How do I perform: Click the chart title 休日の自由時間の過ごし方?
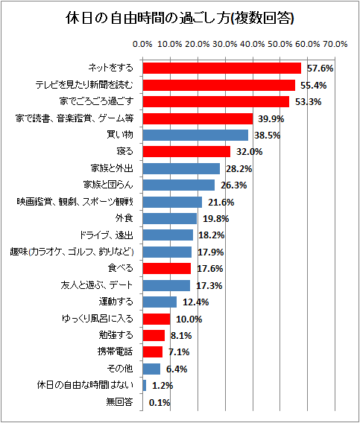[180, 17]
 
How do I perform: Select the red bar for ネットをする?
[221, 68]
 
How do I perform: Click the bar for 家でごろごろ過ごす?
[215, 101]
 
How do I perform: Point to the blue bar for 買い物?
[195, 135]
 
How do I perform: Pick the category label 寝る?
[124, 152]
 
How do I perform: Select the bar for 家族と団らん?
[178, 185]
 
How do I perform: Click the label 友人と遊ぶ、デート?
[97, 285]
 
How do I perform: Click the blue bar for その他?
[151, 369]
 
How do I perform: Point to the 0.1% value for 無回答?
[160, 402]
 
